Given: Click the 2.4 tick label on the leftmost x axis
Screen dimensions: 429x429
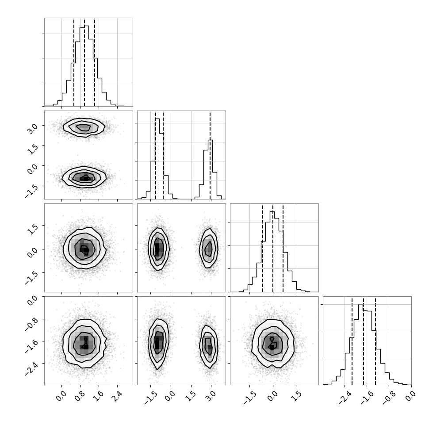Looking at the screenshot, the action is [117, 396].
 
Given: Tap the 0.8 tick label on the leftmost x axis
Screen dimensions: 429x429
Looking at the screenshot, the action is [79, 396].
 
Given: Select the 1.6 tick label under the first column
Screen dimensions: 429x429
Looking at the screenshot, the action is [98, 396].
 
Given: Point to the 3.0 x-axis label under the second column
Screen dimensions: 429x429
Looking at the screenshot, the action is [211, 396].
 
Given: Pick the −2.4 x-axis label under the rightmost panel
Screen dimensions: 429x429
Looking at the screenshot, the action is [345, 397].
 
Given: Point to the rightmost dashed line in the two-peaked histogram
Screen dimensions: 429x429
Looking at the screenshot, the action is [210, 155].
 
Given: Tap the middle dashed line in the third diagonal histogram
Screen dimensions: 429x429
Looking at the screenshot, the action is [273, 248].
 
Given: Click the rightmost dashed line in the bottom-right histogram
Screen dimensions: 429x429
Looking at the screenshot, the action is [375, 341].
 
